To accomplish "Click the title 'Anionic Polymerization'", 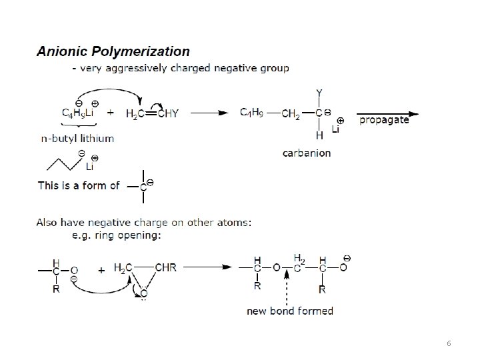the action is click(x=113, y=51).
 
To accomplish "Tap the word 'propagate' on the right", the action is click(x=383, y=121).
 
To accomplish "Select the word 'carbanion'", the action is click(x=306, y=153).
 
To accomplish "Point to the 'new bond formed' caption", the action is click(x=290, y=311).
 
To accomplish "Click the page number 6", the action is click(x=449, y=343).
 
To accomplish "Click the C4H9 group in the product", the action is click(x=253, y=113).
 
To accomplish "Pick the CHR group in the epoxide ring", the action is click(x=165, y=268).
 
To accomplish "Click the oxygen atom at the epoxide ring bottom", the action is click(x=143, y=292).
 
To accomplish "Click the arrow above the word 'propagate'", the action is click(x=388, y=113).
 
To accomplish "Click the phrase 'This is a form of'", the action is click(x=79, y=185).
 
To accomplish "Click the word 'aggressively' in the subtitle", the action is click(x=133, y=68).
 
